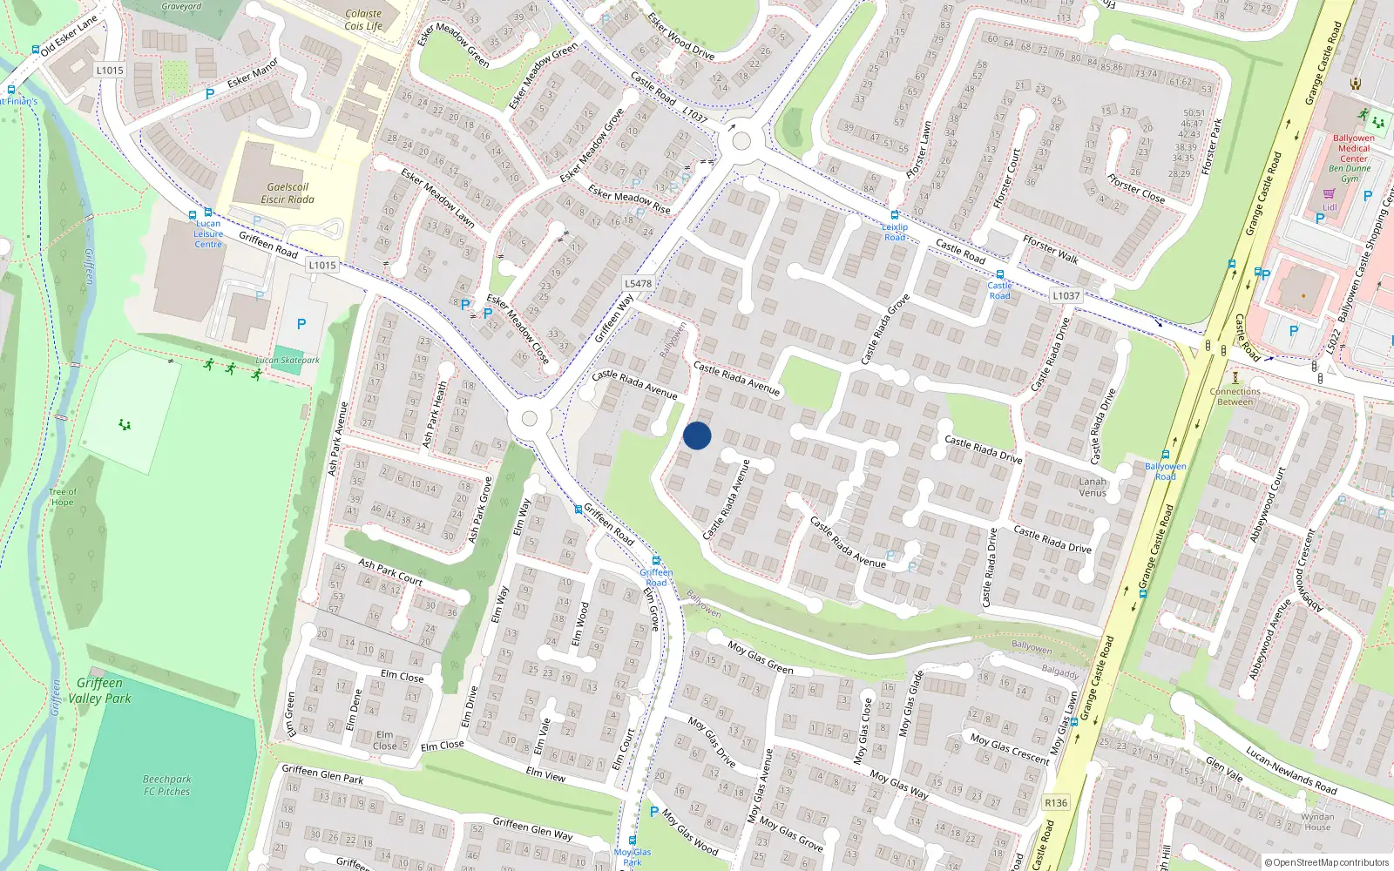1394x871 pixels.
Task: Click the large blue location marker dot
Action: pos(697,435)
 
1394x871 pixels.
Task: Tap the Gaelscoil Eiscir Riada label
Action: pos(288,193)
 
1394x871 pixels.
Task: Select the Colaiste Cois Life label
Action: pos(363,20)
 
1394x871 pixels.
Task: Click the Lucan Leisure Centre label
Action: pos(208,234)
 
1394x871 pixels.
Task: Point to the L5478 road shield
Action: pos(638,283)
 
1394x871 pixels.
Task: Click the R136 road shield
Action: pos(1056,803)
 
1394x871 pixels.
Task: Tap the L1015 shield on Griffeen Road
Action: pos(321,265)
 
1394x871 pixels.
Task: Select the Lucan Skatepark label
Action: pos(288,360)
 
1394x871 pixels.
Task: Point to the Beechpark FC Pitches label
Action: pos(167,786)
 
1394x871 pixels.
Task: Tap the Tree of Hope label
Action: pos(63,496)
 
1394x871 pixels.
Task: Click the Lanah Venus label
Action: pos(1093,487)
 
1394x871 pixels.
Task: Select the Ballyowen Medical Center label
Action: pos(1354,148)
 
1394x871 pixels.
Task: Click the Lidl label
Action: pos(1330,207)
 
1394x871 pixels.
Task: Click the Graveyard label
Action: pos(181,6)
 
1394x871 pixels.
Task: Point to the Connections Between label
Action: pos(1235,396)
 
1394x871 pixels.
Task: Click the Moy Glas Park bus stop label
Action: pos(633,857)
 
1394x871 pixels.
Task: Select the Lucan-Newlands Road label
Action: pos(1290,770)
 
